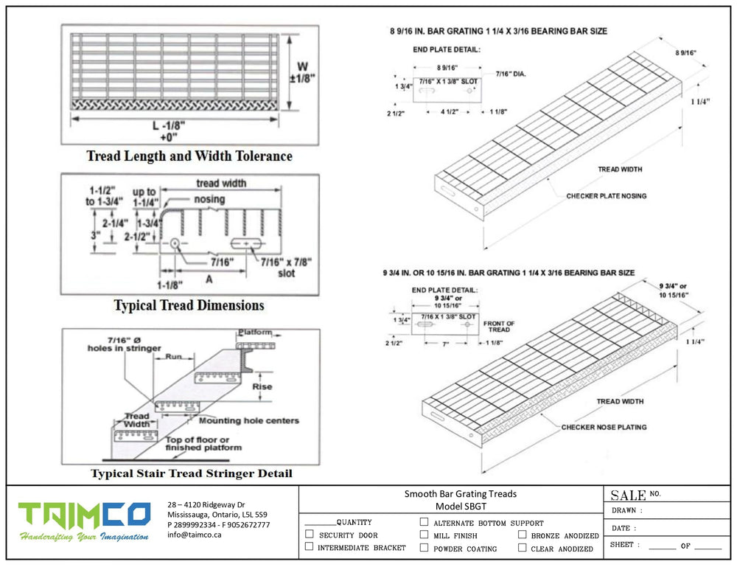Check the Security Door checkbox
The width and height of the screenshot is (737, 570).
310,535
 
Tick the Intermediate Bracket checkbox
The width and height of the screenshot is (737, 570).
310,548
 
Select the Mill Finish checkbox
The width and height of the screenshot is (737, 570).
424,535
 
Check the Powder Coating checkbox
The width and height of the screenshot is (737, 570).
424,548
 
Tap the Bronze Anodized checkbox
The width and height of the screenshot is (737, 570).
522,535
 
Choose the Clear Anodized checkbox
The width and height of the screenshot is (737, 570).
522,548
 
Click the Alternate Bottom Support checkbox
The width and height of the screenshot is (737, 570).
424,522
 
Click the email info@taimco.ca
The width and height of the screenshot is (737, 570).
195,535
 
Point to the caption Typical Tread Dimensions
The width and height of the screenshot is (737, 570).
189,305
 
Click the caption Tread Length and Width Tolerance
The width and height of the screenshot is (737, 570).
189,156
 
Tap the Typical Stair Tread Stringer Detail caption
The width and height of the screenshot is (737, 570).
191,473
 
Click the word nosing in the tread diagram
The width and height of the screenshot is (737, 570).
210,199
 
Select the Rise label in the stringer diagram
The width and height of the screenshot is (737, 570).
262,386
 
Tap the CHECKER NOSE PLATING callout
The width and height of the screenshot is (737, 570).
604,427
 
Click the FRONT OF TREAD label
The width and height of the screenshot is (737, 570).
499,327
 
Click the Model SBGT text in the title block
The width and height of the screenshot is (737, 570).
461,507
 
